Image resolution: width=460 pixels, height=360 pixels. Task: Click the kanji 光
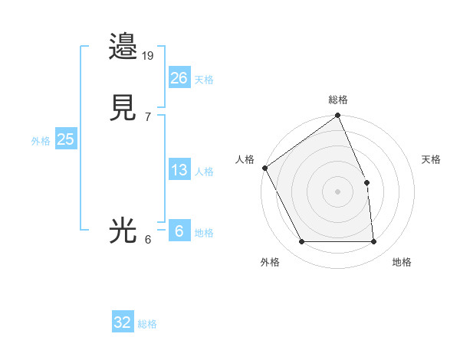[x=123, y=231]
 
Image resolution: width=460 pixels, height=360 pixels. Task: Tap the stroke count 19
[x=149, y=56]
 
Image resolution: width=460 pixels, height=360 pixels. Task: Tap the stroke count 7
[x=148, y=117]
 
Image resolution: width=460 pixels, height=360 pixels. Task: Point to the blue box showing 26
[x=179, y=78]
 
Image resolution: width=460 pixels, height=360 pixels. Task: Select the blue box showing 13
[x=179, y=170]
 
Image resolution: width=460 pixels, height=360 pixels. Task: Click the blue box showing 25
[x=66, y=139]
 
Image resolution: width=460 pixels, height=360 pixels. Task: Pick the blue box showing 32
[x=123, y=322]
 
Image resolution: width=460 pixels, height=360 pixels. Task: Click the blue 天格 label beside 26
[x=204, y=80]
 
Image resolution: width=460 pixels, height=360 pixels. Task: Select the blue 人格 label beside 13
[x=204, y=172]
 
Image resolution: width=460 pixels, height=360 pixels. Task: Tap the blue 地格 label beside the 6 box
[x=204, y=233]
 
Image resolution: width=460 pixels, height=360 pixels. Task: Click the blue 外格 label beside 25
[x=41, y=141]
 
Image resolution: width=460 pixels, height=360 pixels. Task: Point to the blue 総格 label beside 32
[x=147, y=324]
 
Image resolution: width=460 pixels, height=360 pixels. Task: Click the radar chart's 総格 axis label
[x=338, y=100]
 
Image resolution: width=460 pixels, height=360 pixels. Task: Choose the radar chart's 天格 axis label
[x=431, y=159]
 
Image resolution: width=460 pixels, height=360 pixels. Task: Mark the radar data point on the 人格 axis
[x=264, y=168]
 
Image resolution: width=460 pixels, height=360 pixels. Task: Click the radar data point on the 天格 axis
[x=366, y=182]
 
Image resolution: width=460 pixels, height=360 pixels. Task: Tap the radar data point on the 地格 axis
[x=374, y=242]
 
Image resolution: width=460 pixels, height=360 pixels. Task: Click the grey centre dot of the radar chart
[x=337, y=191]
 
